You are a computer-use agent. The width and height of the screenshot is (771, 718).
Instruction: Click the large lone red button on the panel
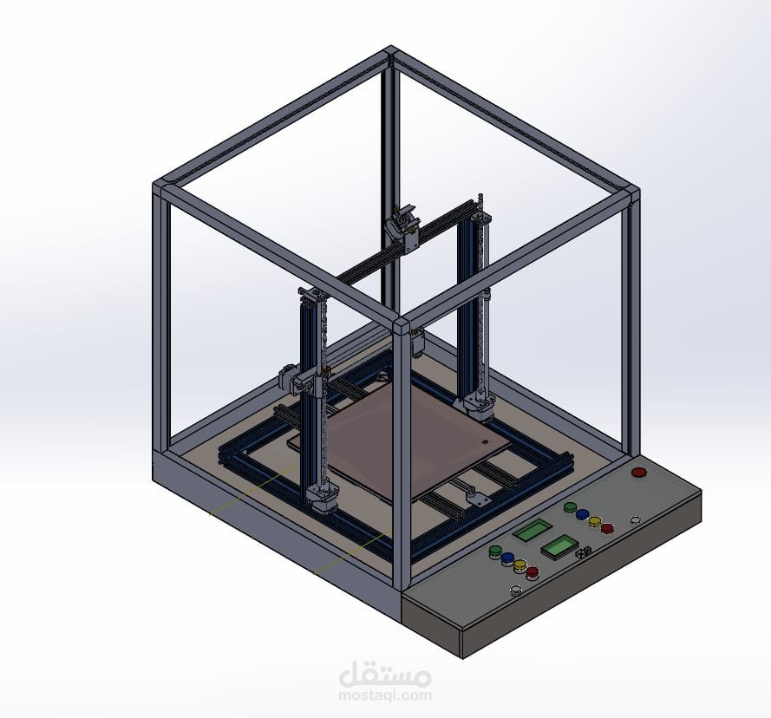[x=638, y=472]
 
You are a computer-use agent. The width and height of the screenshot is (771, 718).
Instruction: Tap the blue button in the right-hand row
[x=582, y=514]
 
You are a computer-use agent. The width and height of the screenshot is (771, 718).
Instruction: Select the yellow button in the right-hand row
[x=595, y=521]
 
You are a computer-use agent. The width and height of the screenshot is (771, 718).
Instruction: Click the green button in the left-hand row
[x=495, y=552]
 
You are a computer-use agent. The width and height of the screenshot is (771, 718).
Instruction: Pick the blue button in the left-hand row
[x=507, y=558]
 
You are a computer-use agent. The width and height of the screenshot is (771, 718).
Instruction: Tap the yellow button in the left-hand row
[x=520, y=565]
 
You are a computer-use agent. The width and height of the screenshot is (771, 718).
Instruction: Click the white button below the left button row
[x=516, y=590]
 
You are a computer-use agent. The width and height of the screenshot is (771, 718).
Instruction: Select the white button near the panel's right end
[x=636, y=519]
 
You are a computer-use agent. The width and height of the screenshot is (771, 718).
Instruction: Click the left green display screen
[x=532, y=530]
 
